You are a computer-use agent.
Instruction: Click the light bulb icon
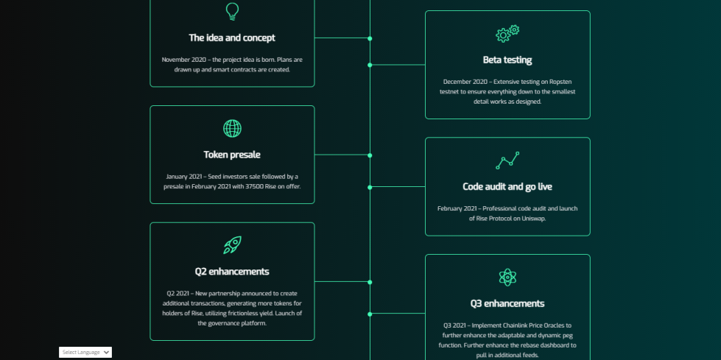click(x=232, y=12)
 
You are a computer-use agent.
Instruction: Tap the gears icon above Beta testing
click(x=507, y=34)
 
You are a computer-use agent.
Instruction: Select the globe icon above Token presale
click(x=232, y=128)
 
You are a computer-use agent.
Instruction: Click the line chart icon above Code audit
click(x=507, y=160)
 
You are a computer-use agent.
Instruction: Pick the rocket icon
click(x=232, y=245)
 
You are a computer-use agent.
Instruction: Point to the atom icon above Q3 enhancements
click(x=507, y=278)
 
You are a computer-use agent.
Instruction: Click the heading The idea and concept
click(x=232, y=38)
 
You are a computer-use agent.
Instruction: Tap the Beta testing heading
click(x=507, y=60)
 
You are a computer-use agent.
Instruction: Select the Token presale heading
click(x=232, y=155)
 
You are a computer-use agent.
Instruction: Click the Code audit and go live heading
click(x=507, y=187)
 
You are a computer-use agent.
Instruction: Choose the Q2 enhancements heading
click(x=232, y=271)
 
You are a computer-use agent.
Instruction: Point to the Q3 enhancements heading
click(x=507, y=303)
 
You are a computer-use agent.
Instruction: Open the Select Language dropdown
click(x=85, y=352)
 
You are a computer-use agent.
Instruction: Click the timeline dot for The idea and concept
click(x=370, y=38)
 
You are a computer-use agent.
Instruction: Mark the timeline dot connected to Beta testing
click(x=370, y=66)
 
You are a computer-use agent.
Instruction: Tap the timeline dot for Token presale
click(x=370, y=155)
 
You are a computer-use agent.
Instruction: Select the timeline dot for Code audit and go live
click(x=370, y=187)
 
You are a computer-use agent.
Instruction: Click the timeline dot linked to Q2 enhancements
click(x=370, y=282)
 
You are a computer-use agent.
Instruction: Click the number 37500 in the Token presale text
click(x=255, y=187)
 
